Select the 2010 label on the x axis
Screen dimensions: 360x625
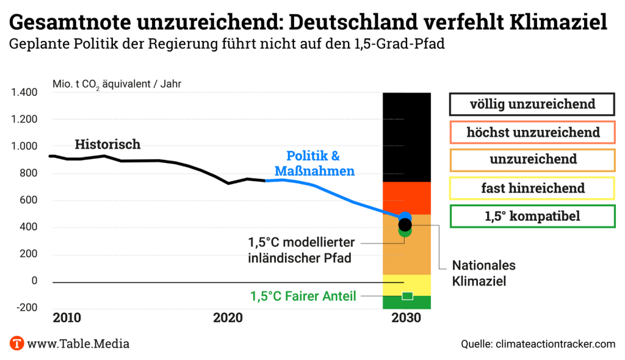(67, 318)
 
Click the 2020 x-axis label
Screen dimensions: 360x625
(228, 318)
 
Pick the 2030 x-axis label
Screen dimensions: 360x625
(406, 318)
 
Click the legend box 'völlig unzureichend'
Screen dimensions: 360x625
(532, 104)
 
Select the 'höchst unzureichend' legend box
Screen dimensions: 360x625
(532, 132)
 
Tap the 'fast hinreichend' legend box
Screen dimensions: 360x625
(532, 188)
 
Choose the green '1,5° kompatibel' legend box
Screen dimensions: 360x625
(532, 216)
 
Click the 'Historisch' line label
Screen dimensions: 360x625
(107, 145)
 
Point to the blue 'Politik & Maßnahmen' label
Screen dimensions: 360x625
(313, 164)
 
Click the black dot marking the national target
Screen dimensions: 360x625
(405, 224)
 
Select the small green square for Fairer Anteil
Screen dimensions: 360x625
(407, 296)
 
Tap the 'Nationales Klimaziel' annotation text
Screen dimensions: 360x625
(483, 273)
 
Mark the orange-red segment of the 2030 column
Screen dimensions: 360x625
(406, 198)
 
